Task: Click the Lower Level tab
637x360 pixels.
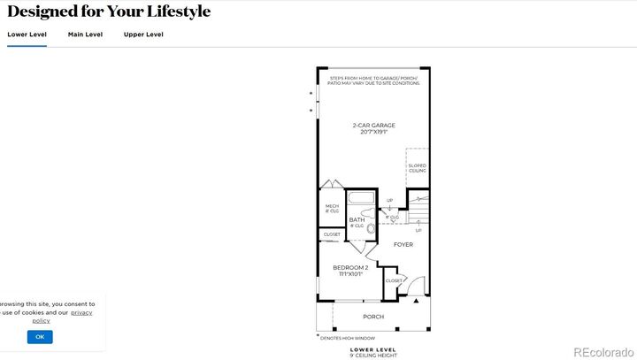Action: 27,34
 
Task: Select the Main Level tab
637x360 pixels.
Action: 85,34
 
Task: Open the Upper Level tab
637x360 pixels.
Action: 143,34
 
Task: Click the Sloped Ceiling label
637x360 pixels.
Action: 417,168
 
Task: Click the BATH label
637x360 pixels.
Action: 357,219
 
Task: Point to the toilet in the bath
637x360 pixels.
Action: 371,228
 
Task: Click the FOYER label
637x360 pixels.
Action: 403,245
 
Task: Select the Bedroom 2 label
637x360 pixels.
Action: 350,267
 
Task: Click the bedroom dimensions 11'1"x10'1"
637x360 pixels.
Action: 350,274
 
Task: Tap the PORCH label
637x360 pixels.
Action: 373,316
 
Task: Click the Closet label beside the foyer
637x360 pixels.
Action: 394,280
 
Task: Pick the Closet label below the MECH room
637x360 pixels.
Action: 332,234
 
